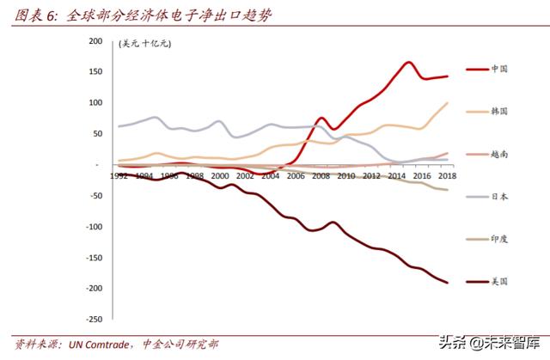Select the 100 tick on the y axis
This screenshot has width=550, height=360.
[96, 102]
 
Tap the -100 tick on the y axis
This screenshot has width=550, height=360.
[94, 227]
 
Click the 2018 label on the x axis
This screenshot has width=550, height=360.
[446, 175]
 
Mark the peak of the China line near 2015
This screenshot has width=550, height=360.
[409, 62]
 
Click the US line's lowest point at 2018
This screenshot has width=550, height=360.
[447, 282]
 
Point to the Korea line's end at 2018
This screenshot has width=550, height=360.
[447, 103]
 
